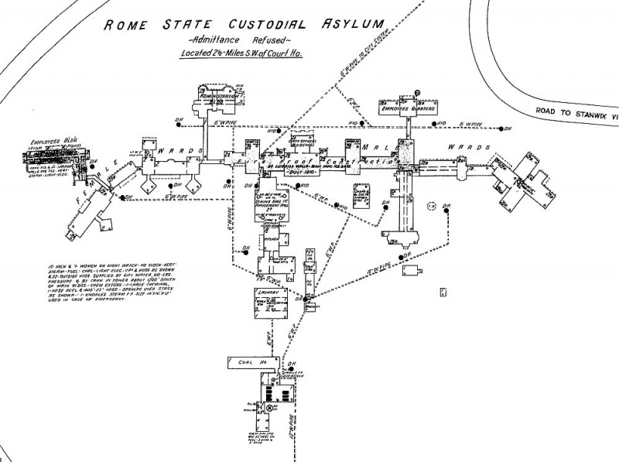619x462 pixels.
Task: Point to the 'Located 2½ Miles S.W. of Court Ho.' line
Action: point(244,55)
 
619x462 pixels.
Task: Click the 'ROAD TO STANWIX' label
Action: point(576,111)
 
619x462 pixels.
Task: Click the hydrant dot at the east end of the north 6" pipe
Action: point(504,128)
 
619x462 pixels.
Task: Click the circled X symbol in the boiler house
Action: point(271,406)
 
